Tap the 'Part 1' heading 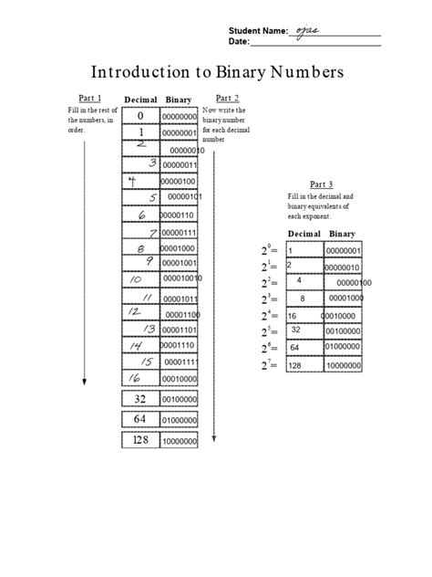87,98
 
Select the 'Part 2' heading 227,98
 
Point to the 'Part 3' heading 322,184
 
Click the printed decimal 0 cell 141,117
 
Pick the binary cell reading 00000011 179,164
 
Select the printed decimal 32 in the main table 140,399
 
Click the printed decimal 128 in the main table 140,440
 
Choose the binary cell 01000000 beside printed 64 179,420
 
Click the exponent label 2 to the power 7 269,366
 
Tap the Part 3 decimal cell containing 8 302,299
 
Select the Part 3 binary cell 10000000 344,365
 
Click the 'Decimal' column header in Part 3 303,235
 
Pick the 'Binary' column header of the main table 179,99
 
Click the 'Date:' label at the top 239,41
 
